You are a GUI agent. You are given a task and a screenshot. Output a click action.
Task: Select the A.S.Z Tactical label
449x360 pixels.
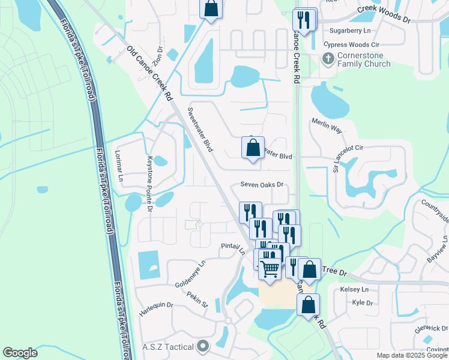pos(167,347)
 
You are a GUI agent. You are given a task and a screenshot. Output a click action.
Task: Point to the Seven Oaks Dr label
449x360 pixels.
pos(262,185)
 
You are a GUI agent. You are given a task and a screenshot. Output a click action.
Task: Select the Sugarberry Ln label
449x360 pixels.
pos(351,30)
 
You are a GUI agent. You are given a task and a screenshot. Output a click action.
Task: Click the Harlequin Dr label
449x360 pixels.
pos(156,309)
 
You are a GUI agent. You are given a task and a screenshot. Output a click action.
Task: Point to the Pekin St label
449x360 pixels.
pos(196,299)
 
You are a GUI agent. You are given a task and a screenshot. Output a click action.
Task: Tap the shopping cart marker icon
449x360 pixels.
pos(270,268)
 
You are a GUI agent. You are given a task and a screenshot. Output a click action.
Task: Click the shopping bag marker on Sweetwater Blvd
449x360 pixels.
pos(253,147)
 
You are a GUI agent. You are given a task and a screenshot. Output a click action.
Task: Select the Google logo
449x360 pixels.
pos(20,353)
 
